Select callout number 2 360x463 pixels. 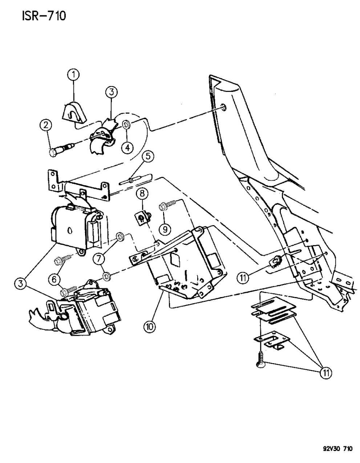click(46, 126)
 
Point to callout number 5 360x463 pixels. click(148, 157)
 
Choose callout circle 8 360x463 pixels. click(142, 194)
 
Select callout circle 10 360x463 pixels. click(150, 326)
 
